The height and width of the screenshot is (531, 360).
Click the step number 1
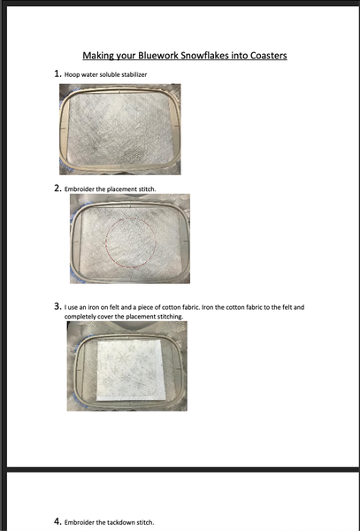[57, 73]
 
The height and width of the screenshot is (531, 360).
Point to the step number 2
[57, 189]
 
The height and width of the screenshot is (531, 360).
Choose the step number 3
[57, 307]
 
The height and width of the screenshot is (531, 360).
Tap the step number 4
[57, 521]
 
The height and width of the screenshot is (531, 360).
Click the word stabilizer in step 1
[137, 74]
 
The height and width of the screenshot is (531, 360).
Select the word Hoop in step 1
[70, 75]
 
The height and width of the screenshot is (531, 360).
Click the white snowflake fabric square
[131, 370]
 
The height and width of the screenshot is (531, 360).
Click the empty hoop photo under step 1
[120, 129]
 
